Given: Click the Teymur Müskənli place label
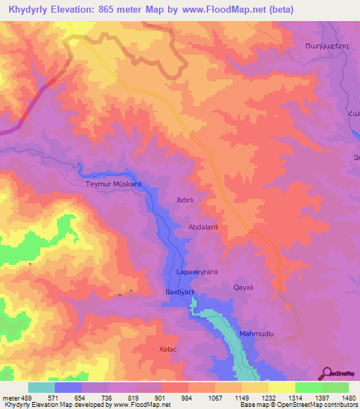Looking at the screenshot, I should [114, 184].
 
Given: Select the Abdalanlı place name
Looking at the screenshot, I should [204, 227].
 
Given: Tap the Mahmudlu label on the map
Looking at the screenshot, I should [255, 333].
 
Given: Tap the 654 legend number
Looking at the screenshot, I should [82, 398].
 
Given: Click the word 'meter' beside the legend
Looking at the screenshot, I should [11, 398].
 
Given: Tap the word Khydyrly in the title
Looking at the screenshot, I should [29, 10].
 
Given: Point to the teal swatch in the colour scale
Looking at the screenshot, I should [41, 387].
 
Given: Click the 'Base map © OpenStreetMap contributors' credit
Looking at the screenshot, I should [298, 405].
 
